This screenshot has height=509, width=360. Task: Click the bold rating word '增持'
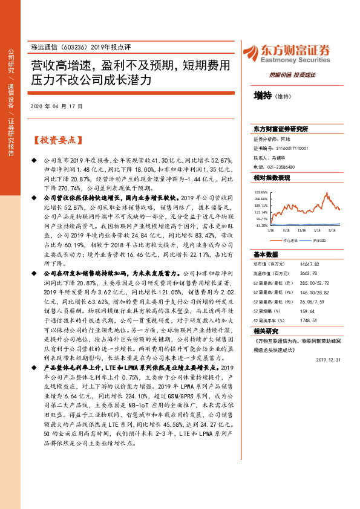pos(262,96)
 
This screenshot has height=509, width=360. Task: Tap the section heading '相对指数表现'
pos(272,178)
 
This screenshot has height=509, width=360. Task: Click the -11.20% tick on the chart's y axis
pos(261,225)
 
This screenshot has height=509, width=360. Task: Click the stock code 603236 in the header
pos(72,47)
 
